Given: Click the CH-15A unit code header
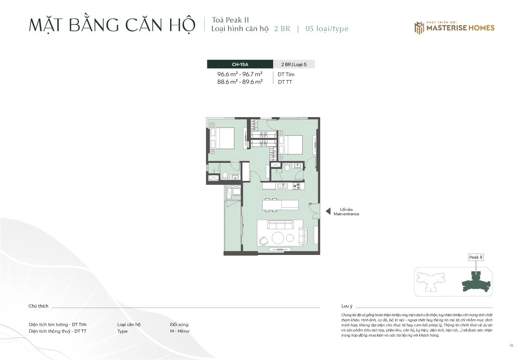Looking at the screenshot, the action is point(240,64).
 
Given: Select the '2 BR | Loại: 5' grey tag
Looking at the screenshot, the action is point(294,64).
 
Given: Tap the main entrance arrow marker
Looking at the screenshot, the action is point(328,211).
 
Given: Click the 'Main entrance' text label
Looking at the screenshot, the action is point(346,214).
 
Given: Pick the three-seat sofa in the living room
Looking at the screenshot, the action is point(280,225).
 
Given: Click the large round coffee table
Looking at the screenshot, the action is point(278,238).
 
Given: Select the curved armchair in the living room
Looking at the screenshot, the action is point(264,241).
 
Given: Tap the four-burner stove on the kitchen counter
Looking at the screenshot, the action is point(296,186).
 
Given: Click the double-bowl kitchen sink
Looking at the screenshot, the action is point(282,186).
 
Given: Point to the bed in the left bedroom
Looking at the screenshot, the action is point(222,138).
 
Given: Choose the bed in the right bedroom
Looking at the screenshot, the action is point(291,145).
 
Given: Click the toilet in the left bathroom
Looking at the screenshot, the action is point(225,176).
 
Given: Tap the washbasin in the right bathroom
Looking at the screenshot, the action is point(297,166).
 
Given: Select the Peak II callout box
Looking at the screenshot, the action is point(476,257).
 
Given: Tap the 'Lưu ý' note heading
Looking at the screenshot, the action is point(347,306).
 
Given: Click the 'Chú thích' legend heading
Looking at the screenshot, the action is point(38,306).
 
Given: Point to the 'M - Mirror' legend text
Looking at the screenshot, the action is point(180,331).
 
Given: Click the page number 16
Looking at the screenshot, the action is point(512,345).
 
